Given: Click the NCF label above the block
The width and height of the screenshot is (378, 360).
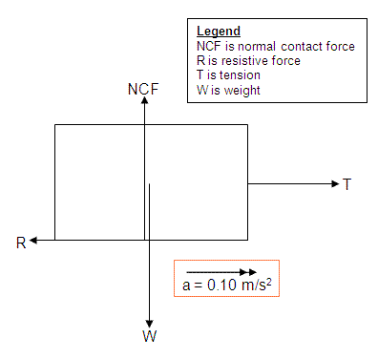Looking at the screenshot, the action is [x=143, y=89].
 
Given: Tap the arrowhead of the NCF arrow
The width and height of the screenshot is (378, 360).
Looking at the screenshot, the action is [x=145, y=100].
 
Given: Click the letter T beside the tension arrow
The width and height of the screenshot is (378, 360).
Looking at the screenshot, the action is [x=346, y=184].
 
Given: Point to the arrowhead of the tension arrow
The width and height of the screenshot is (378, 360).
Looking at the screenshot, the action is [x=335, y=183].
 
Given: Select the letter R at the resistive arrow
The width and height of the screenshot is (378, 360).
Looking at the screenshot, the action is [x=21, y=243].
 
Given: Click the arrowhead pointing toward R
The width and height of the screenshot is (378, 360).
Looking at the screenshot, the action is [x=33, y=241].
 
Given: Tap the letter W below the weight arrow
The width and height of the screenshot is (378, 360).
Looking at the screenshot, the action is [x=150, y=336].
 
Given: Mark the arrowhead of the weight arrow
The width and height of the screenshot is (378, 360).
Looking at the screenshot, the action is [x=149, y=324].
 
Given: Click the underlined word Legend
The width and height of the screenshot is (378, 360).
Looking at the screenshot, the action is [x=219, y=32].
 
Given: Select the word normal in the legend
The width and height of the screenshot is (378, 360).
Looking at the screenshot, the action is [x=257, y=47].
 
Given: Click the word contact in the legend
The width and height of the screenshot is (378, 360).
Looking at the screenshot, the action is [x=302, y=47].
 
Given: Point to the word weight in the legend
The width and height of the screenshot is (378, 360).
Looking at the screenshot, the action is [x=242, y=91].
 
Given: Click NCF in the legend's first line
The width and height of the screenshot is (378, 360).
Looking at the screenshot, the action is [x=209, y=47].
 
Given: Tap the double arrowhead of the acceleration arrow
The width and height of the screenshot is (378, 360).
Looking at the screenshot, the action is [x=248, y=272].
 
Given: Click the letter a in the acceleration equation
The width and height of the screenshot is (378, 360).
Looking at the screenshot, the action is [x=186, y=286].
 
